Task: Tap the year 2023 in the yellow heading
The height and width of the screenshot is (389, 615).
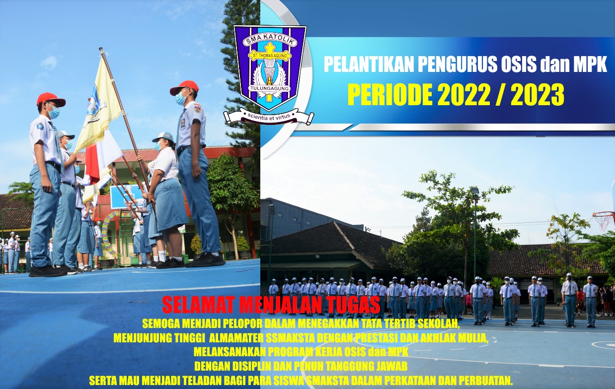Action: (x=538, y=95)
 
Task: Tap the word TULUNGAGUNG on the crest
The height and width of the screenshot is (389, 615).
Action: (x=269, y=88)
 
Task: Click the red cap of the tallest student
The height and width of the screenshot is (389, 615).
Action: (x=184, y=87)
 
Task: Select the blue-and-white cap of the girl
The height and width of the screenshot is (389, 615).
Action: (x=163, y=137)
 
